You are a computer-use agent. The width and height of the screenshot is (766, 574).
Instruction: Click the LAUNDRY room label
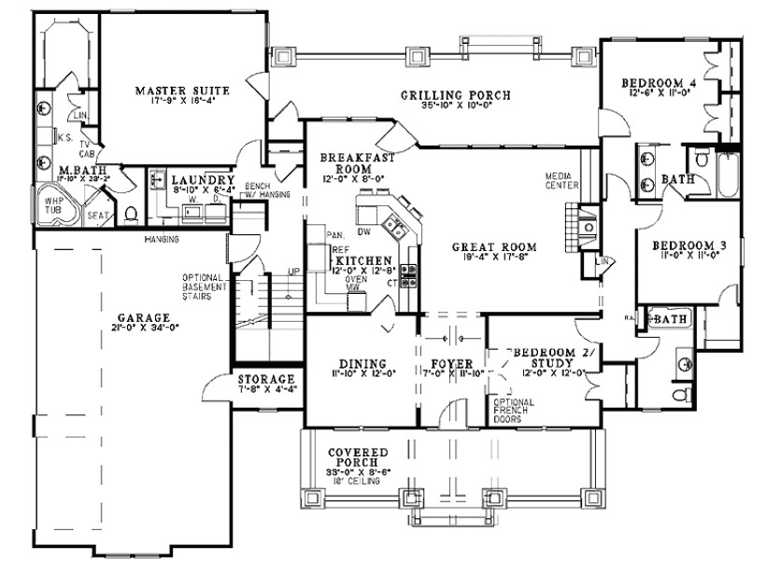(x=203, y=179)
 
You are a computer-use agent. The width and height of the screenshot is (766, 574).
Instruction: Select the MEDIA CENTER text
(x=563, y=180)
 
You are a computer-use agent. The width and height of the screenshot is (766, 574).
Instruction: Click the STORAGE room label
(x=265, y=379)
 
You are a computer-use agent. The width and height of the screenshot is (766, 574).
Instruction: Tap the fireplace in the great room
(x=570, y=227)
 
